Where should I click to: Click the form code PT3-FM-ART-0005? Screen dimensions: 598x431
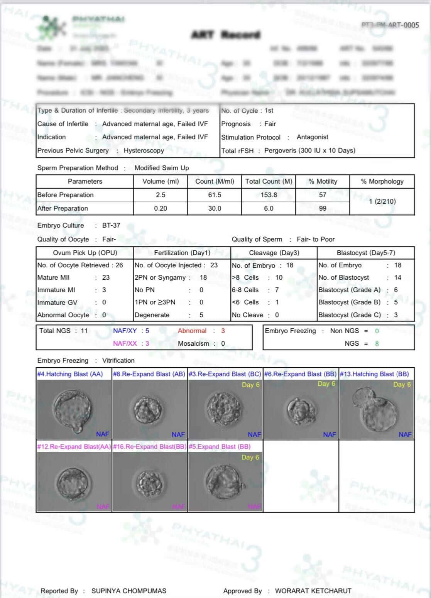click(x=390, y=25)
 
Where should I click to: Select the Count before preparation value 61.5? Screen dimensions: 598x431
click(x=215, y=195)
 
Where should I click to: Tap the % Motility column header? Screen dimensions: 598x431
click(x=323, y=181)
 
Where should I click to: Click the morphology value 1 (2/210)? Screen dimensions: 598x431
click(x=382, y=201)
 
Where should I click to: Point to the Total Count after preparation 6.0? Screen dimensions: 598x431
click(x=269, y=208)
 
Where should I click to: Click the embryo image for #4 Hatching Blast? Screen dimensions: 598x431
click(x=74, y=409)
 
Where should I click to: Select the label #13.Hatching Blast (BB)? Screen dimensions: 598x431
click(x=374, y=374)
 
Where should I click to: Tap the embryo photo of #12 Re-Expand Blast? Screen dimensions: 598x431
click(x=74, y=481)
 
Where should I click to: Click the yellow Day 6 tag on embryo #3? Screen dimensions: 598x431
click(x=251, y=385)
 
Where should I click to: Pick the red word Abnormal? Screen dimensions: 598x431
click(x=192, y=331)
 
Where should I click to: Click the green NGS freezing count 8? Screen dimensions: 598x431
click(x=377, y=343)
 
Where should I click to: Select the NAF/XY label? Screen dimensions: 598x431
click(x=125, y=331)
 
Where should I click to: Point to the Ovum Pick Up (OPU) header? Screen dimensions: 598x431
click(x=85, y=253)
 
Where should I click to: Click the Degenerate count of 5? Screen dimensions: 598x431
click(x=201, y=315)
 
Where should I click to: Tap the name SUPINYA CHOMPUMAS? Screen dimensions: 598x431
click(x=129, y=591)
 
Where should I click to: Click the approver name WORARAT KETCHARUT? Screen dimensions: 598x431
click(x=313, y=591)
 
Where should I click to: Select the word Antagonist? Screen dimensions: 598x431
click(x=313, y=137)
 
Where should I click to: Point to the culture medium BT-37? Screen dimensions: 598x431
click(x=111, y=225)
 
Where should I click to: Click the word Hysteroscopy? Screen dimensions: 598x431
click(x=144, y=150)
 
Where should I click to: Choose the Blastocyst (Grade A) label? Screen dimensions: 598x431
click(x=349, y=290)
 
